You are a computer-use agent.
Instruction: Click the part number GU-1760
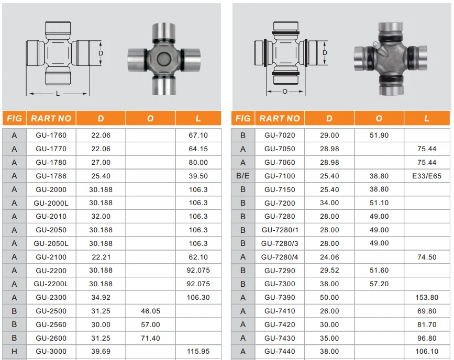(51, 135)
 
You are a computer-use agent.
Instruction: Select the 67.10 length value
(198, 135)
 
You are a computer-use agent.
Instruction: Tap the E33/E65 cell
(426, 176)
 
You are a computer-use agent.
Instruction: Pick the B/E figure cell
(243, 176)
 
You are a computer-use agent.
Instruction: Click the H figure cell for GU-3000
(14, 352)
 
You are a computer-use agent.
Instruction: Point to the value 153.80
(426, 298)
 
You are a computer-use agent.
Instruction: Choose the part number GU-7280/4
(280, 257)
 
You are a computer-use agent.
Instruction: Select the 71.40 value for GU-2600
(150, 338)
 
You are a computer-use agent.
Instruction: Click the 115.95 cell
(198, 352)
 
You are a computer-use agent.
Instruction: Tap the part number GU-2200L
(51, 284)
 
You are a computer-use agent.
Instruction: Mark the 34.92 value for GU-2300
(101, 298)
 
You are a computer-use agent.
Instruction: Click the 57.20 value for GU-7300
(379, 284)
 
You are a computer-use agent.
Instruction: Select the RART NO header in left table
(51, 118)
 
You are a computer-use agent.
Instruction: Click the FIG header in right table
(243, 118)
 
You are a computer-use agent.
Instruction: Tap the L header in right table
(426, 118)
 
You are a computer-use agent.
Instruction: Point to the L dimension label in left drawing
(58, 94)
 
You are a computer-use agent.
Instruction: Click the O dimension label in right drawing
(285, 92)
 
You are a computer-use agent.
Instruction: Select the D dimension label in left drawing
(101, 53)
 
